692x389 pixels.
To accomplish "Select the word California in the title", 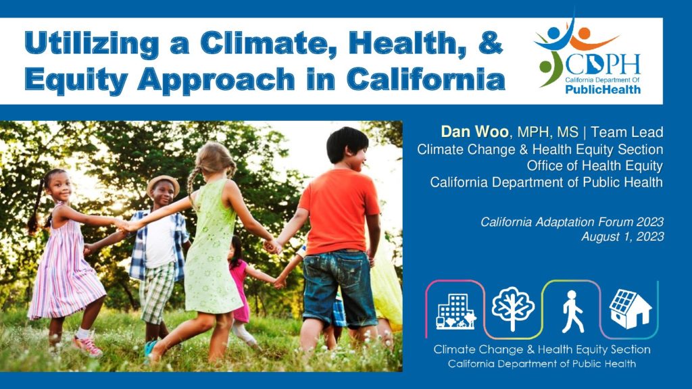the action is point(426,79).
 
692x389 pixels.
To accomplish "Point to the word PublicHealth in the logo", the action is point(603,89).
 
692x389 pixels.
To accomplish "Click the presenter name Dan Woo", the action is point(474,132).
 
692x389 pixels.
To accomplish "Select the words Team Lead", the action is point(626,132).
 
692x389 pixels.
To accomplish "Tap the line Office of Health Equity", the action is point(595,165).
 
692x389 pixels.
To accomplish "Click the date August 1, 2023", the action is point(622,236).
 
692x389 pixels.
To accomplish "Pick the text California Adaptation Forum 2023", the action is point(572,222).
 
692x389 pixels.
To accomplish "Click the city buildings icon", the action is point(456,311).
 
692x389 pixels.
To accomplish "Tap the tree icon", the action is point(513,309).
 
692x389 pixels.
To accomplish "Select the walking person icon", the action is point(572,311).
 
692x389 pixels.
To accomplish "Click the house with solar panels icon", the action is point(630,309).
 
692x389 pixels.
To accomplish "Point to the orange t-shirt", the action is point(339,211).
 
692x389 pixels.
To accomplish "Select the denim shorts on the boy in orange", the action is point(339,288).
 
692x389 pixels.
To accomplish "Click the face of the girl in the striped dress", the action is point(60,186).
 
